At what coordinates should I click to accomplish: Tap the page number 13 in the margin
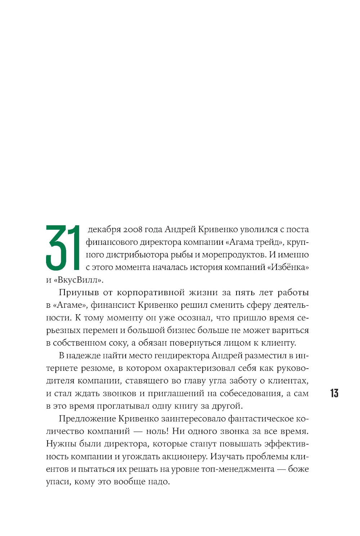[334, 393]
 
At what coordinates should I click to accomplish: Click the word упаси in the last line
[58, 482]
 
